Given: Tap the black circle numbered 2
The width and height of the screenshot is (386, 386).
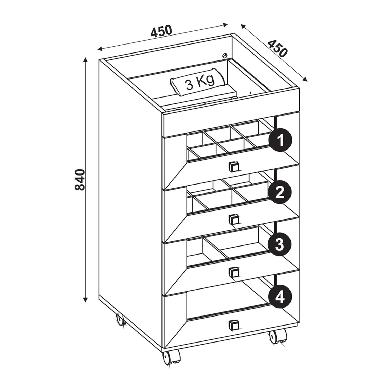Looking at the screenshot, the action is (x=280, y=192).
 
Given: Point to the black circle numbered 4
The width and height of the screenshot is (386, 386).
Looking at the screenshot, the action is (x=280, y=297).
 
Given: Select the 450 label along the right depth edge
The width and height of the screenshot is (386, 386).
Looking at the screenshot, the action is (x=277, y=48).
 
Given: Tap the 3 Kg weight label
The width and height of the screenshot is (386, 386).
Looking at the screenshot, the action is (x=200, y=83).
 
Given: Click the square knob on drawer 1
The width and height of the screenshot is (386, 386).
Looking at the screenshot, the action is (x=233, y=167).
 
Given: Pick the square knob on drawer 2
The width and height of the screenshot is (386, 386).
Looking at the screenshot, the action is (x=233, y=219).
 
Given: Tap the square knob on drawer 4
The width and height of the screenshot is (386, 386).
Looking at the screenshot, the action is (x=233, y=325).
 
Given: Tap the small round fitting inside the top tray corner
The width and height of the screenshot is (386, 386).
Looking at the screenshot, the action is (x=225, y=55).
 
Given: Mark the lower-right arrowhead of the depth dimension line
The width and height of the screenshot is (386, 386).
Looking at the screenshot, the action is (x=305, y=79).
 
